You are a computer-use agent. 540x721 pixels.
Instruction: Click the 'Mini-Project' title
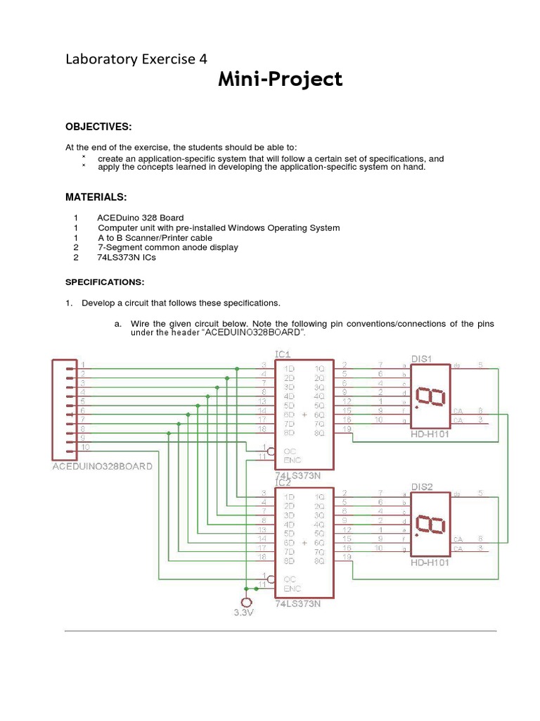pos(280,80)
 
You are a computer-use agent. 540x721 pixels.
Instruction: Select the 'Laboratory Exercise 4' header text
pos(136,59)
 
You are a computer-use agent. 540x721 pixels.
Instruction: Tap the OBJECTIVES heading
pos(98,126)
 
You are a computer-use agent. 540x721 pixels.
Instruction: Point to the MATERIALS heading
pos(96,196)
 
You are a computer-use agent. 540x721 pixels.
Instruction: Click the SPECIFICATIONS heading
pos(105,282)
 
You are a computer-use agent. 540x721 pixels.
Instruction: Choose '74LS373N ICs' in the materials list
pos(127,258)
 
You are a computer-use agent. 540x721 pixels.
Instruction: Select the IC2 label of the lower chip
pos(283,482)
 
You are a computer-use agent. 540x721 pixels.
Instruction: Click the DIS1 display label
pos(421,358)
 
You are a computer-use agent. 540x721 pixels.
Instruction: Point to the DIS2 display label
pos(421,487)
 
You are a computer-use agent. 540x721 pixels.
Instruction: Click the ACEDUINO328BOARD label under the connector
pos(103,467)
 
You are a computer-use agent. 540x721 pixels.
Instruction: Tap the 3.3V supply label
pos(244,613)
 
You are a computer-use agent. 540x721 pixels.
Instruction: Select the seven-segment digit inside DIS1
pos(430,396)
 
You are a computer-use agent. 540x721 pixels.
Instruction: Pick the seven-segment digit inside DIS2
pos(430,525)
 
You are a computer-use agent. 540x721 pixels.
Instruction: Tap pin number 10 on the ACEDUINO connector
pos(84,447)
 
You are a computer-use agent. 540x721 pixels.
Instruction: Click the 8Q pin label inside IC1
pos(320,433)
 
